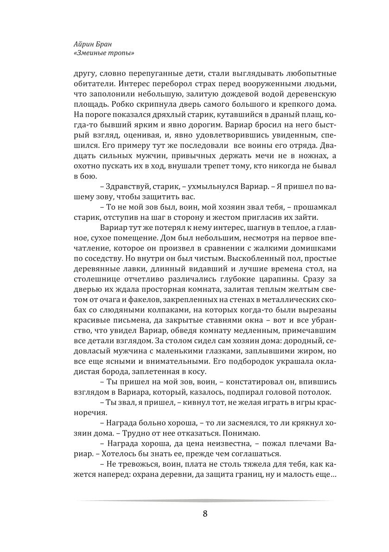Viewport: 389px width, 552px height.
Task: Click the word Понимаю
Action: coord(243,433)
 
